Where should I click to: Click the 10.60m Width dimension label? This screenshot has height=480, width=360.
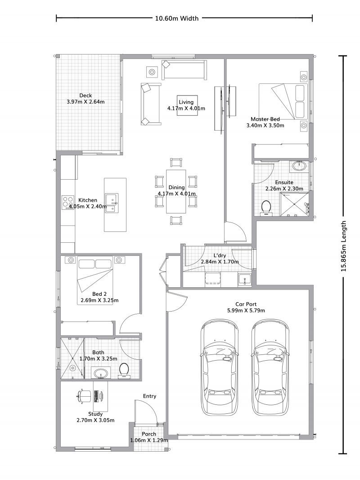(x=177, y=18)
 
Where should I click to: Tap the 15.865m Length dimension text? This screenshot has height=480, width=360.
(x=344, y=247)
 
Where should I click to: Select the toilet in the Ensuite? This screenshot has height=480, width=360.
(x=266, y=208)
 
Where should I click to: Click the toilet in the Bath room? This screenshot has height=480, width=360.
(x=124, y=370)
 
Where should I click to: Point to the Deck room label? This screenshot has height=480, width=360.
(x=85, y=95)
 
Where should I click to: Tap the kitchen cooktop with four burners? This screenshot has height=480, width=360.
(x=67, y=202)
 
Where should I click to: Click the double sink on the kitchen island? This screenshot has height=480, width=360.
(x=112, y=203)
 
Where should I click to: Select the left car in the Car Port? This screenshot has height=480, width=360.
(x=220, y=367)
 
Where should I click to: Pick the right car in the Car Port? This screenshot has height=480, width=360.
(x=270, y=367)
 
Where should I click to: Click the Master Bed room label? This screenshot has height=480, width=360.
(x=265, y=119)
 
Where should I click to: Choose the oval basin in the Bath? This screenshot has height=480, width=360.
(x=100, y=373)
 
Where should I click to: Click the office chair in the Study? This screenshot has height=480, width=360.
(x=83, y=396)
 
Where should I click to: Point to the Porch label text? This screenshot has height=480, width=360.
(x=149, y=434)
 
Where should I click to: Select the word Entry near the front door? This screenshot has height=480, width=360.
(x=150, y=396)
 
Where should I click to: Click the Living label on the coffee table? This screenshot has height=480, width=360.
(x=186, y=102)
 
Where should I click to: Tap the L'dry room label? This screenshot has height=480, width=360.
(x=220, y=255)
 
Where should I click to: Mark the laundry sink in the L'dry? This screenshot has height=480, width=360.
(x=244, y=279)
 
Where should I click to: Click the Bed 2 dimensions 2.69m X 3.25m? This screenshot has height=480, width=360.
(x=99, y=300)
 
